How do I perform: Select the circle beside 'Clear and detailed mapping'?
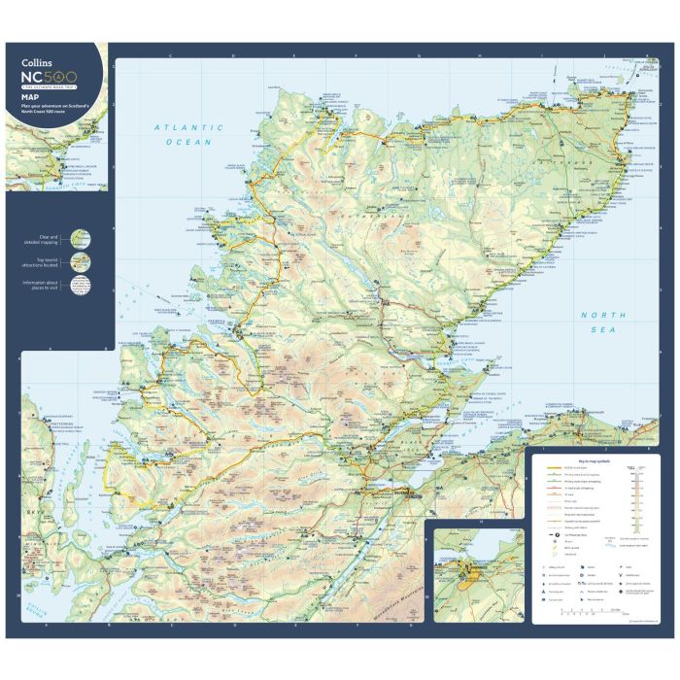pyautogui.click(x=82, y=239)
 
